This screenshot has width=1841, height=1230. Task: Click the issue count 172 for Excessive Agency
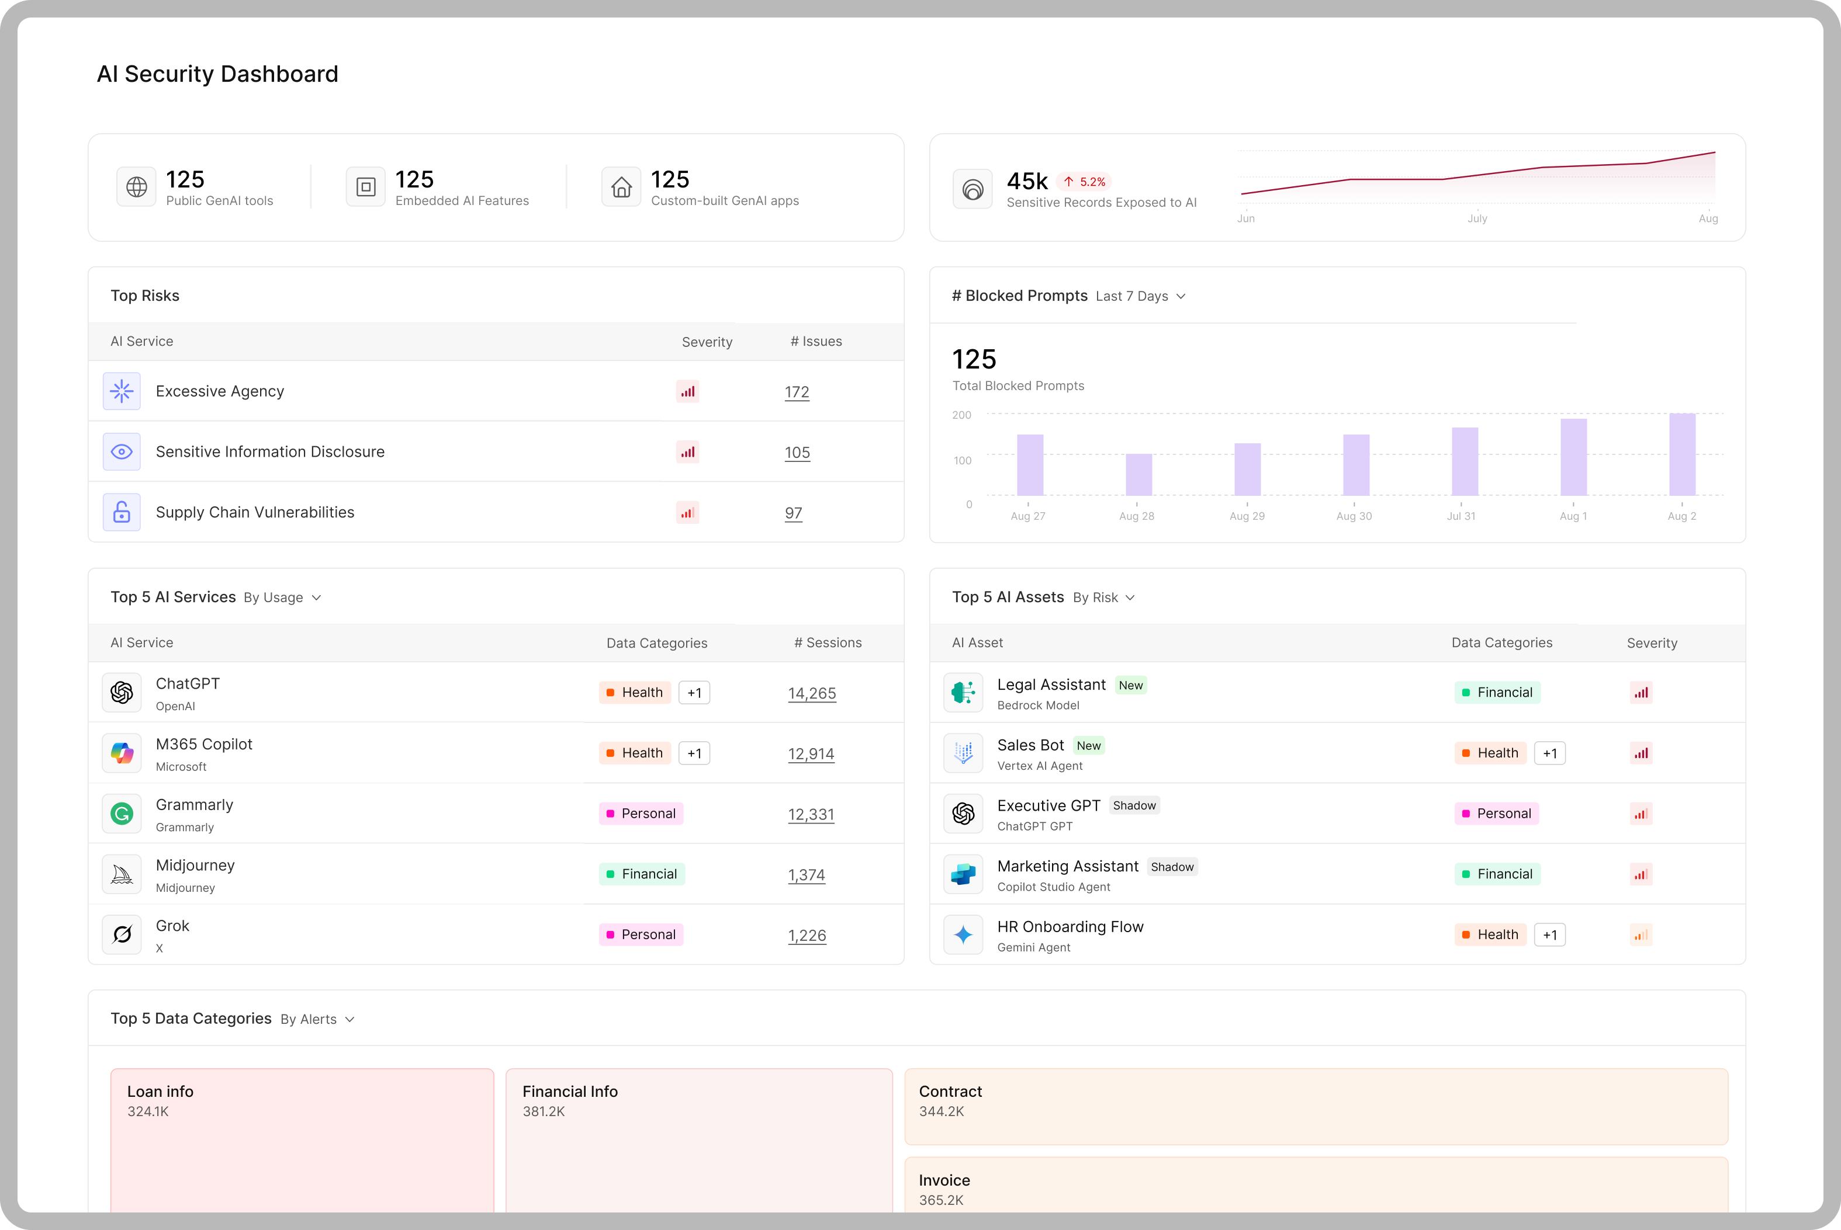pyautogui.click(x=797, y=391)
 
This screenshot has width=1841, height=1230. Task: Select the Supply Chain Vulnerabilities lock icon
pyautogui.click(x=122, y=512)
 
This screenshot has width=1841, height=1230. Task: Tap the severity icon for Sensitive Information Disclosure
pyautogui.click(x=687, y=452)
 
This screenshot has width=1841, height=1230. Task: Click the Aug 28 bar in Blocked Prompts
pyautogui.click(x=1138, y=475)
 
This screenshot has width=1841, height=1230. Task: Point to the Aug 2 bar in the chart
pyautogui.click(x=1683, y=454)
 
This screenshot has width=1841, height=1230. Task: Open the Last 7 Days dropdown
pyautogui.click(x=1140, y=296)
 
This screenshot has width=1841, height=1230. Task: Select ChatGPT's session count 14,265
pyautogui.click(x=812, y=693)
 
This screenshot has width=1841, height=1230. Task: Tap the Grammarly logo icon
pyautogui.click(x=122, y=814)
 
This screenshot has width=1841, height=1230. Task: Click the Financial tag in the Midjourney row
pyautogui.click(x=642, y=874)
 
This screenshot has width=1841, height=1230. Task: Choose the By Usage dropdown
pyautogui.click(x=282, y=597)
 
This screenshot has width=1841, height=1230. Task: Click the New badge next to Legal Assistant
pyautogui.click(x=1131, y=685)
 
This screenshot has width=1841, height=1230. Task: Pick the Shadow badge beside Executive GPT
pyautogui.click(x=1134, y=805)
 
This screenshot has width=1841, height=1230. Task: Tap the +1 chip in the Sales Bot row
pyautogui.click(x=1550, y=753)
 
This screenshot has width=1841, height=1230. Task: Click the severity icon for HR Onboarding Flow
pyautogui.click(x=1641, y=934)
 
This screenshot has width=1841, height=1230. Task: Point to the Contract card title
pyautogui.click(x=950, y=1091)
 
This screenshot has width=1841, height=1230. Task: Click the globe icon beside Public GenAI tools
pyautogui.click(x=137, y=187)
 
